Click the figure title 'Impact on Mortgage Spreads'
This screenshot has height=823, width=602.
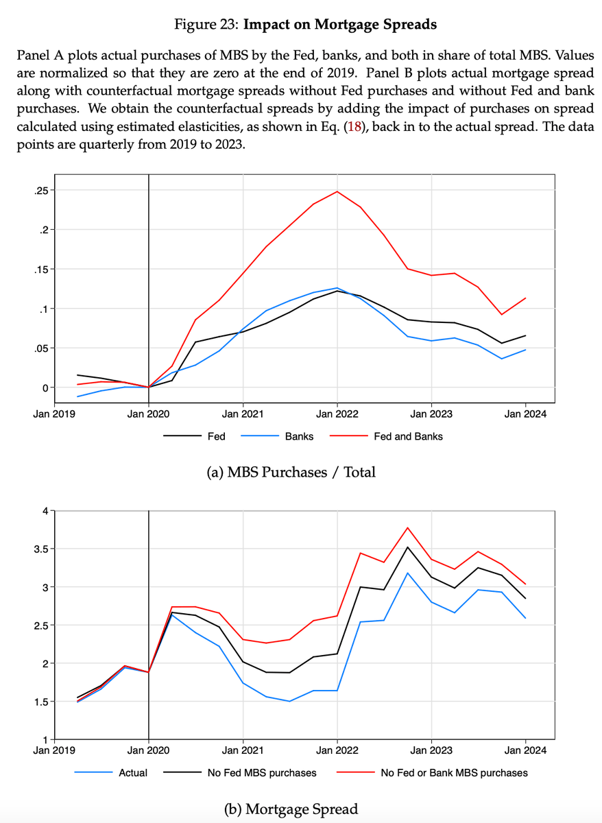click(341, 25)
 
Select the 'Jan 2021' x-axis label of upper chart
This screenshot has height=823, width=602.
click(243, 414)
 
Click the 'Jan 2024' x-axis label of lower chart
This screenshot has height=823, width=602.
click(525, 750)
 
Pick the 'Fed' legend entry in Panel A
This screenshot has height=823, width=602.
click(216, 436)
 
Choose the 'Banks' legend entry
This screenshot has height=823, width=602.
click(299, 436)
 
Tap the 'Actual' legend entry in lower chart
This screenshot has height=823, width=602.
click(133, 773)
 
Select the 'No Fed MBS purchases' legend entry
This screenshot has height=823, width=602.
click(262, 773)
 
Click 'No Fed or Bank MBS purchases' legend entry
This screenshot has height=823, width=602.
click(454, 773)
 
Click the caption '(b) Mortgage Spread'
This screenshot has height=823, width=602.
click(291, 809)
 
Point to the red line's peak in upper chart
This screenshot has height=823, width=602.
click(337, 191)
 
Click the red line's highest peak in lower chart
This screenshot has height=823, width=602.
click(408, 527)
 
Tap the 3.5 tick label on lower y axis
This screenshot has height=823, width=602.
click(40, 549)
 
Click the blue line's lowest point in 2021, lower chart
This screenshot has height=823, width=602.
click(290, 701)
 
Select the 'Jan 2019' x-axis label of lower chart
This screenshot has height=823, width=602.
click(55, 750)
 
